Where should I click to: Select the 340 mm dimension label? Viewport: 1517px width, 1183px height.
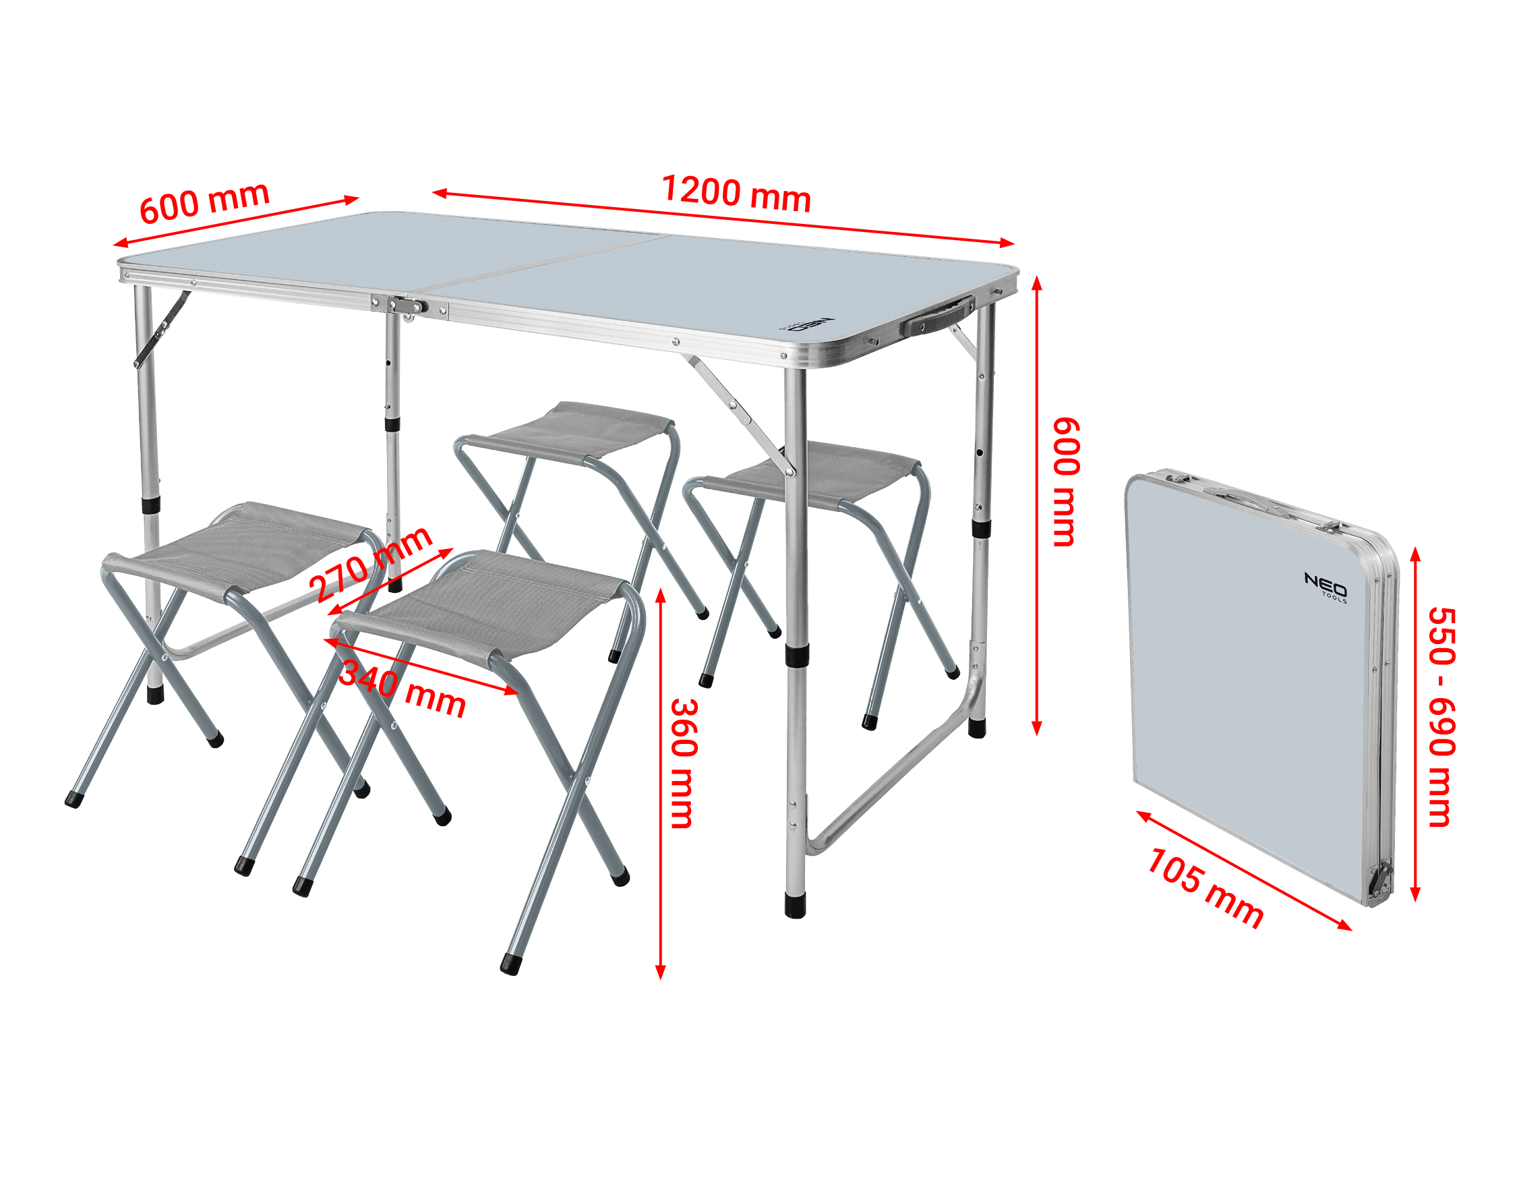coord(402,688)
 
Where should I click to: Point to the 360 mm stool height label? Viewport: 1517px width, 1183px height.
coord(684,763)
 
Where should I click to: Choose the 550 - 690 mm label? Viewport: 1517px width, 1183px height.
coord(1442,717)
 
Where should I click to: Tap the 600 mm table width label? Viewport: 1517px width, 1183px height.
coord(204,202)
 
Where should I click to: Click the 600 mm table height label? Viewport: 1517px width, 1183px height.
coord(1066,482)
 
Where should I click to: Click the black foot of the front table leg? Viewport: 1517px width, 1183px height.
coord(796,904)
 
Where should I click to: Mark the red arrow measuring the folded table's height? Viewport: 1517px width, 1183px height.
coord(1415,724)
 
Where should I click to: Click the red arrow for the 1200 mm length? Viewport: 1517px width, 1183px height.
coord(723,218)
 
